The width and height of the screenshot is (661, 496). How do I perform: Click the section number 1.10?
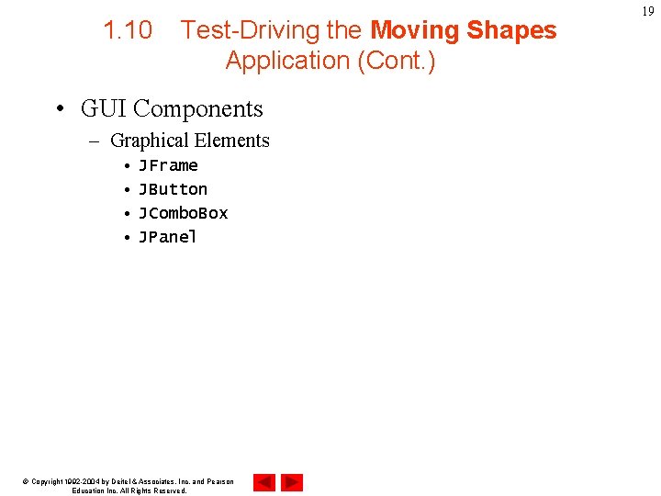pyautogui.click(x=128, y=30)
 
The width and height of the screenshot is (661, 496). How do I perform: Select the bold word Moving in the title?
pyautogui.click(x=414, y=30)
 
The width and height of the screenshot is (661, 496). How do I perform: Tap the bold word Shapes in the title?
pyautogui.click(x=511, y=30)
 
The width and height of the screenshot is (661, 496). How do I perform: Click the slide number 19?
pyautogui.click(x=648, y=11)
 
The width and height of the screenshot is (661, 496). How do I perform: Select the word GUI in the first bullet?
pyautogui.click(x=104, y=108)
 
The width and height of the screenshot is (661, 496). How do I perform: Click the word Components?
pyautogui.click(x=198, y=109)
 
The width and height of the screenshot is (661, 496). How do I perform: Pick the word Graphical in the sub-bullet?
pyautogui.click(x=146, y=141)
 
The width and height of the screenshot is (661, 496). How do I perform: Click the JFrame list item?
pyautogui.click(x=168, y=165)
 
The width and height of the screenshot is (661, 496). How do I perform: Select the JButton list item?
pyautogui.click(x=173, y=189)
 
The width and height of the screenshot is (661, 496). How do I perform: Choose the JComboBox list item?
pyautogui.click(x=183, y=213)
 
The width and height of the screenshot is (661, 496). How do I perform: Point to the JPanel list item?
pyautogui.click(x=168, y=237)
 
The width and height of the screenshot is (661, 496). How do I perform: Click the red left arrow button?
pyautogui.click(x=264, y=481)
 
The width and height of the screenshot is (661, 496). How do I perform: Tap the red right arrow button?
pyautogui.click(x=292, y=481)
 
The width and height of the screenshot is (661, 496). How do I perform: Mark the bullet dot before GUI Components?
pyautogui.click(x=59, y=109)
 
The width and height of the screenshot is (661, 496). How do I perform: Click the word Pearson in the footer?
pyautogui.click(x=218, y=481)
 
